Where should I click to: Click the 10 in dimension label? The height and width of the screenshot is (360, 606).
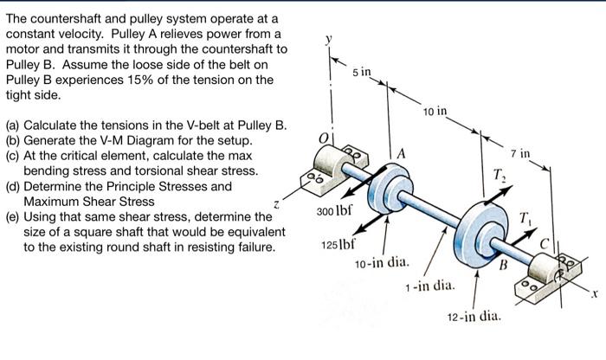(435, 112)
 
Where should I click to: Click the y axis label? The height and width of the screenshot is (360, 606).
(327, 39)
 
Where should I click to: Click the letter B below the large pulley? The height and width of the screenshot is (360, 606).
(500, 266)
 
